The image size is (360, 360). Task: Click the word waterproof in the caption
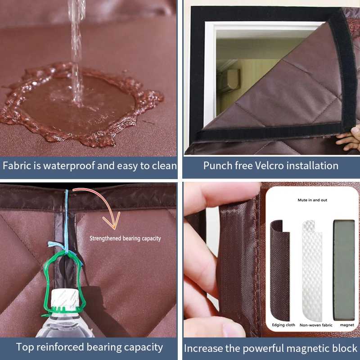coord(69,166)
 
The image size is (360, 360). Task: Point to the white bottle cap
coord(65,298)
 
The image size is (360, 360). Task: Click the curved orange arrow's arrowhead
coord(112,220)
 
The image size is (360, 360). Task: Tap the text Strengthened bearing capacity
coord(125,238)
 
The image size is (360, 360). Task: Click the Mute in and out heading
coord(312,200)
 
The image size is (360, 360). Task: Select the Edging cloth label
coord(283,325)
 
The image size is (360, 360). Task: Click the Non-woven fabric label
coord(316,325)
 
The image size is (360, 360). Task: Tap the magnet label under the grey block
coord(347,325)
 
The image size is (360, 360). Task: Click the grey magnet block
coord(344,270)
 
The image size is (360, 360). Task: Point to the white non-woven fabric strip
coord(311,271)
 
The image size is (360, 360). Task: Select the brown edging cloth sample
coord(279,271)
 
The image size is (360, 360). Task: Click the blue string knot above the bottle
coord(65,250)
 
